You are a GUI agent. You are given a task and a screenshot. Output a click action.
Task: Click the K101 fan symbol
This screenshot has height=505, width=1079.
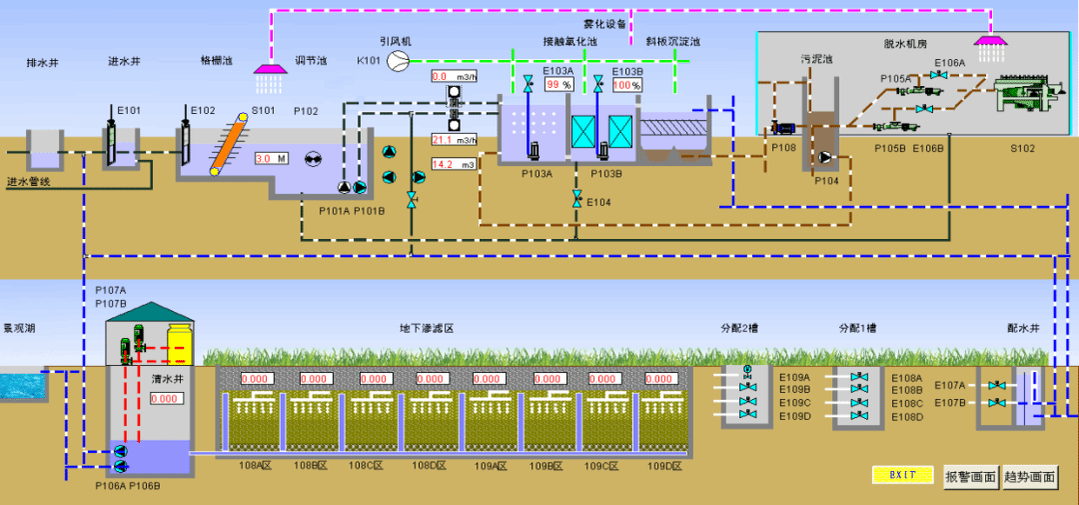[x=398, y=61]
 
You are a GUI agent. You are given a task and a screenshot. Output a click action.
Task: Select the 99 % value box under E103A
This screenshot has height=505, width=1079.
[x=558, y=85]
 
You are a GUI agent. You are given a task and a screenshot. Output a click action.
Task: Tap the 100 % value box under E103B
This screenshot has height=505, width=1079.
[x=626, y=85]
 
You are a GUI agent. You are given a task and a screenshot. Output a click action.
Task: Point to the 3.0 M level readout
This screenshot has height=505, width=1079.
[x=271, y=158]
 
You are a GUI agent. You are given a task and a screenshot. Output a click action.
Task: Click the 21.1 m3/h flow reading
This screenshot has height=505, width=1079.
[x=454, y=139]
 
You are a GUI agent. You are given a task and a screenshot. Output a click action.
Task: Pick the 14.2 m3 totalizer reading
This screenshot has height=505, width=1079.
[x=454, y=164]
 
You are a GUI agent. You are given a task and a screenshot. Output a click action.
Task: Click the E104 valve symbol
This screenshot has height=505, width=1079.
[x=576, y=202]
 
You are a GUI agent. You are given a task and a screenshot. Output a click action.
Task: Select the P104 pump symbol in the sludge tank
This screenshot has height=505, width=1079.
[x=825, y=158]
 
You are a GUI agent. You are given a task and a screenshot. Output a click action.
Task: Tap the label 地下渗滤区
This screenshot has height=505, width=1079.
[x=427, y=328]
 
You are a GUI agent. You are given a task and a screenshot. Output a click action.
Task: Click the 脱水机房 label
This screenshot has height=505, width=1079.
[x=905, y=44]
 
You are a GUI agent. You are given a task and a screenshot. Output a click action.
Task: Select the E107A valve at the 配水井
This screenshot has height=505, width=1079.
[x=994, y=385]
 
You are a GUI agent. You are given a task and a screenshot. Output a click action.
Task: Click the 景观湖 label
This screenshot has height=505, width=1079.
[x=18, y=328]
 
